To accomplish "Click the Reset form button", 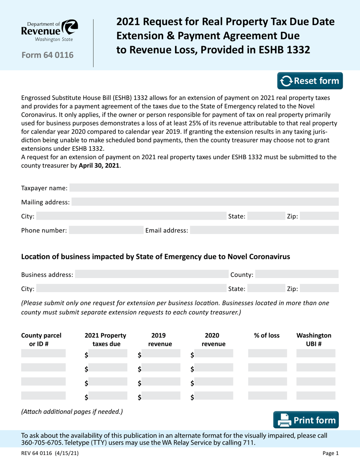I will tap(310, 81).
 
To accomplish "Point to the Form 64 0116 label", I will tap(47, 55).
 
